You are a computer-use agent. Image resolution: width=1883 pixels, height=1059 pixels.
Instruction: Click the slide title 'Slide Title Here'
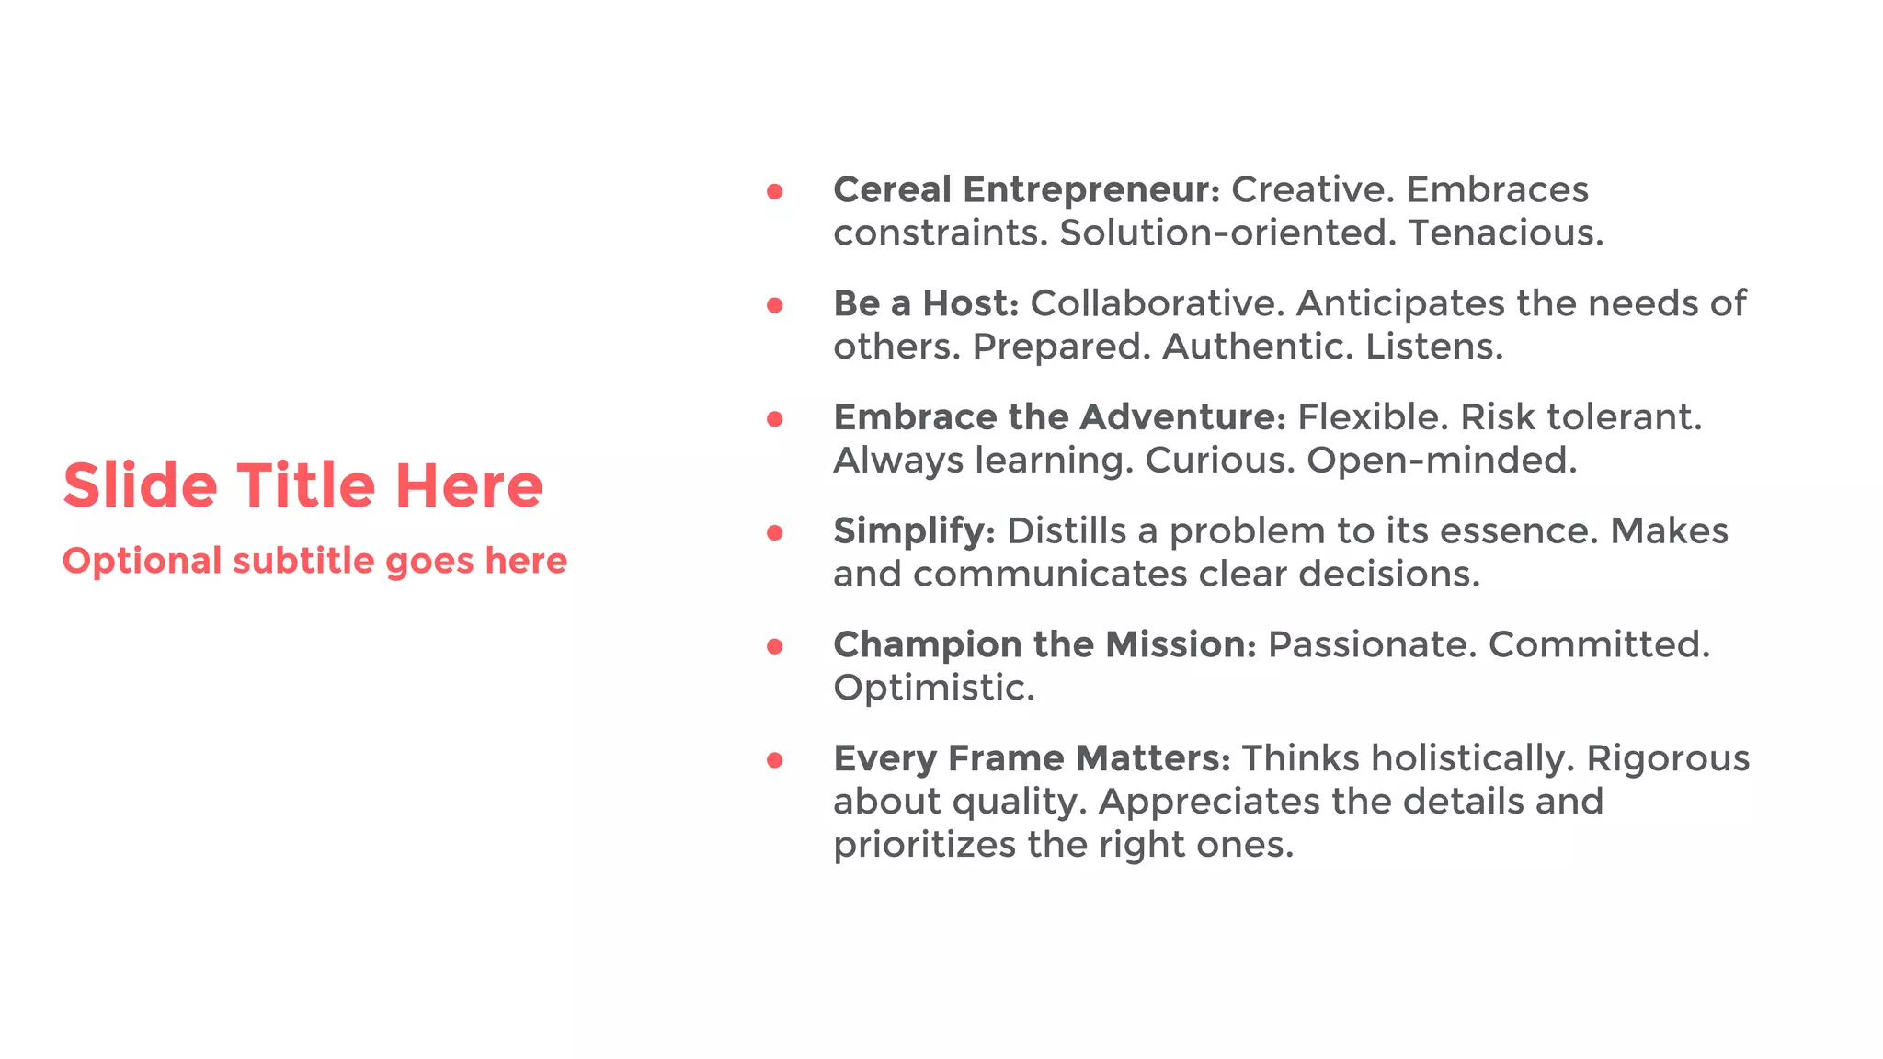coord(302,485)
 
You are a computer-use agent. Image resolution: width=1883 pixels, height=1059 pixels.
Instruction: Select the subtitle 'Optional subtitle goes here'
coord(314,561)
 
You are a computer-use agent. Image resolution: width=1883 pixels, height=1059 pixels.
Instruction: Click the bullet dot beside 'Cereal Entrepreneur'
coord(775,191)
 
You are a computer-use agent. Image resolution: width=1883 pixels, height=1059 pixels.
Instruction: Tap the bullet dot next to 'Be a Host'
coord(775,305)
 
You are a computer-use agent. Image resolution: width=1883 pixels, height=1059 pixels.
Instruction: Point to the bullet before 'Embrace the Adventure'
coord(775,419)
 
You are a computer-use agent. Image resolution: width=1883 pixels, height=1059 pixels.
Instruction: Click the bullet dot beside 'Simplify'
coord(775,532)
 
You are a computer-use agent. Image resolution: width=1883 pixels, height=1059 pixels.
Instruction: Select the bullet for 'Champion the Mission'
coord(775,646)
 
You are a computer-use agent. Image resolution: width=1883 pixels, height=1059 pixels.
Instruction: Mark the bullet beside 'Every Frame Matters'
coord(775,760)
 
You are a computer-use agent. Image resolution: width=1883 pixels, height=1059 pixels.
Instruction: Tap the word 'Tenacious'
coord(1505,233)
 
